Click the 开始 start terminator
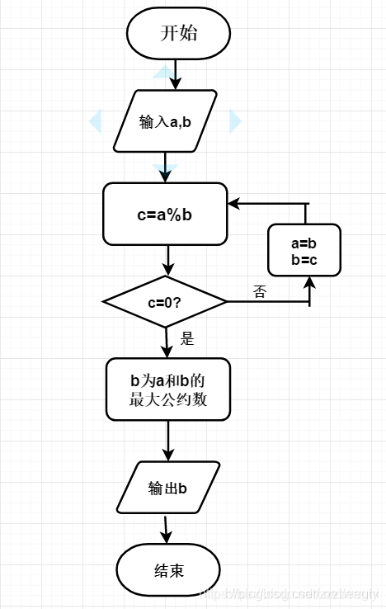[178, 34]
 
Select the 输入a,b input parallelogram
[165, 121]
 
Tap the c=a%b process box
[165, 215]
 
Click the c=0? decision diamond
[165, 302]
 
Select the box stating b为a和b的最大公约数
[167, 390]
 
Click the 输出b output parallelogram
[168, 488]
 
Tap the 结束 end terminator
[168, 571]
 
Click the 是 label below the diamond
[186, 338]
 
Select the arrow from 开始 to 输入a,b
[174, 75]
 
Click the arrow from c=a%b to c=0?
[167, 261]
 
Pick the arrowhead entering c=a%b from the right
[234, 203]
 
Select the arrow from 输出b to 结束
[167, 529]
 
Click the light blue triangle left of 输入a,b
[95, 122]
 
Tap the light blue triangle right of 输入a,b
[236, 122]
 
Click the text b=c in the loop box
[304, 259]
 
